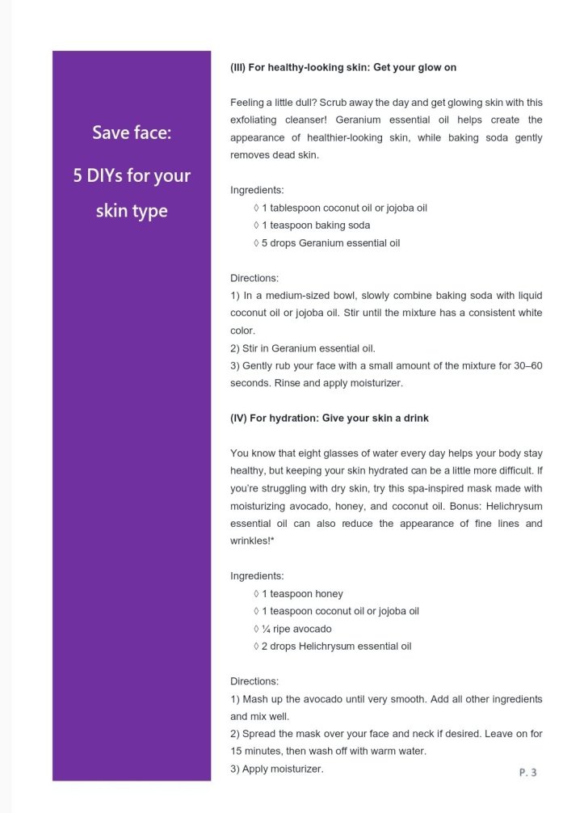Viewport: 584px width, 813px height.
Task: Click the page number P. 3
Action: click(527, 773)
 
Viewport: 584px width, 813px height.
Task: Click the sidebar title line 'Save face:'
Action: click(132, 133)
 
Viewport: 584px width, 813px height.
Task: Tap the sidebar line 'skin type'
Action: click(132, 211)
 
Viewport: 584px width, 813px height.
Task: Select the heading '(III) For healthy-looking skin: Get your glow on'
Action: click(343, 68)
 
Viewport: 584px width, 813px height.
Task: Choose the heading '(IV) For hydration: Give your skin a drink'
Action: click(330, 419)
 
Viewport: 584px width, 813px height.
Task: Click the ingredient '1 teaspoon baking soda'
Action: click(311, 225)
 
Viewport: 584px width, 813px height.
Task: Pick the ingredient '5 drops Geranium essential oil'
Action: click(326, 242)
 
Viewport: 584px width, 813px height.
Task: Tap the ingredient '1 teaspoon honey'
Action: click(297, 594)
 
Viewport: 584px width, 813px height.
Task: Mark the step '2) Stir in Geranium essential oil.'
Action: click(303, 348)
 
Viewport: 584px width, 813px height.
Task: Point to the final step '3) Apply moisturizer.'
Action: click(277, 769)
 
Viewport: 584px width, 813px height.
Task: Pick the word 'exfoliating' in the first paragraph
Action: click(254, 120)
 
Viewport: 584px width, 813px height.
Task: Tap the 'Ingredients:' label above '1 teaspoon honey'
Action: click(257, 576)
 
